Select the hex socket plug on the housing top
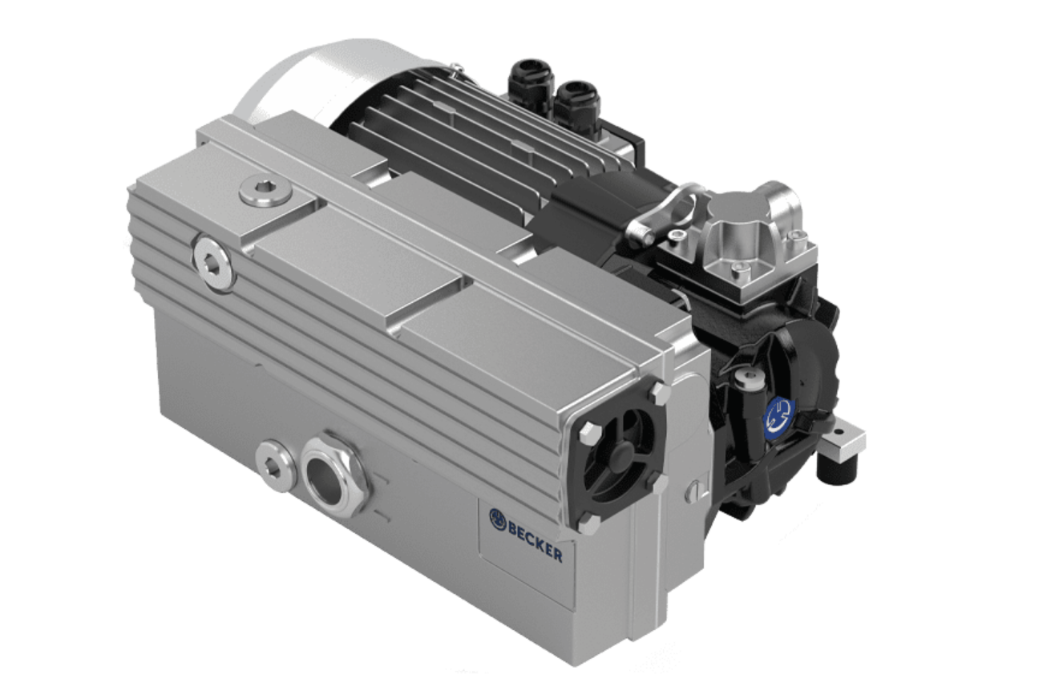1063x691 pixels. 265,192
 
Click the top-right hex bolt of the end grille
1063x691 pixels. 659,393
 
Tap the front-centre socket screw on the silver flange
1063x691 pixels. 741,270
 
